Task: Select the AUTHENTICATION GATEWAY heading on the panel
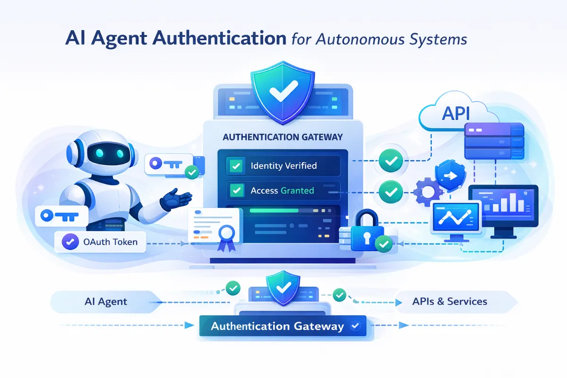tap(282, 137)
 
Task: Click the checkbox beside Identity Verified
tap(235, 165)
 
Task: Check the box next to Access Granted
tap(235, 190)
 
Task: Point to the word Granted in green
tap(297, 190)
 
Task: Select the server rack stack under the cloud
tap(494, 141)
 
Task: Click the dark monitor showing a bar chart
tap(502, 206)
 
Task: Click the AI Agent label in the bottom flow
tap(107, 301)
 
